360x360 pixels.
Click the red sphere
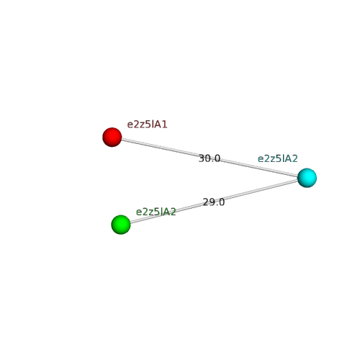pyautogui.click(x=112, y=137)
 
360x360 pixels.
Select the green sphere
pyautogui.click(x=121, y=225)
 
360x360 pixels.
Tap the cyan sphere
pyautogui.click(x=307, y=178)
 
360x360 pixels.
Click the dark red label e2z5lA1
pyautogui.click(x=147, y=125)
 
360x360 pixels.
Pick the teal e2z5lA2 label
pyautogui.click(x=278, y=158)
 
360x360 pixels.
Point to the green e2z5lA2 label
pyautogui.click(x=156, y=212)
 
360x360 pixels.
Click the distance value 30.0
pyautogui.click(x=210, y=158)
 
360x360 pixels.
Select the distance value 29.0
pyautogui.click(x=214, y=202)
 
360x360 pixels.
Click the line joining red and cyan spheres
pyautogui.click(x=210, y=158)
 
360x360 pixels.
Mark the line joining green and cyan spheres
pyautogui.click(x=214, y=201)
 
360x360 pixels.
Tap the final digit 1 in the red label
pyautogui.click(x=164, y=125)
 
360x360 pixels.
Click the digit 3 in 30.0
pyautogui.click(x=202, y=158)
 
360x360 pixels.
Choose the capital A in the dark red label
pyautogui.click(x=158, y=125)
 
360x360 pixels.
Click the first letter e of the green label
pyautogui.click(x=139, y=212)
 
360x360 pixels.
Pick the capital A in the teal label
pyautogui.click(x=288, y=158)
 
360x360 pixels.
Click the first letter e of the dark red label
pyautogui.click(x=130, y=125)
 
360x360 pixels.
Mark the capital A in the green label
pyautogui.click(x=166, y=212)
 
